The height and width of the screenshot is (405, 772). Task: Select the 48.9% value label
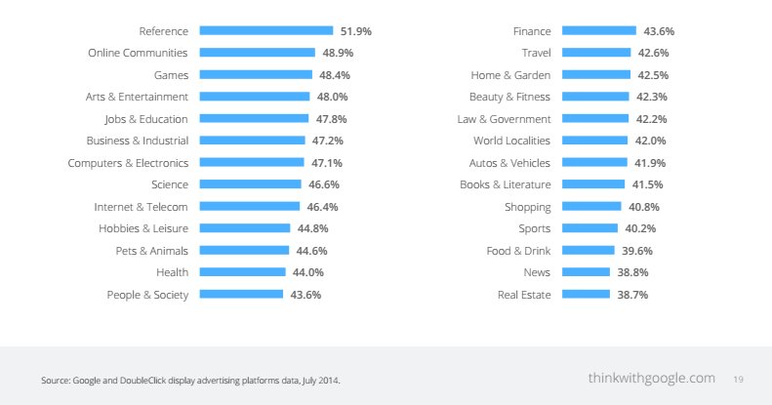click(x=336, y=53)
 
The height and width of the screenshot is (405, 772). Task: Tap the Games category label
click(x=171, y=75)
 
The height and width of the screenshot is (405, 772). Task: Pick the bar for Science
click(x=251, y=184)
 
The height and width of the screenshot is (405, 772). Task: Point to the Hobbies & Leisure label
click(x=143, y=228)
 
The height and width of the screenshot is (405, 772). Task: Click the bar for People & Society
click(x=241, y=294)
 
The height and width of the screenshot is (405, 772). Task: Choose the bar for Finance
click(x=599, y=31)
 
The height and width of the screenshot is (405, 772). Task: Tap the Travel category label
click(x=536, y=53)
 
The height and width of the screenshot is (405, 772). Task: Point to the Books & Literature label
click(x=506, y=184)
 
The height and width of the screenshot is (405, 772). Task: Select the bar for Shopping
click(x=591, y=206)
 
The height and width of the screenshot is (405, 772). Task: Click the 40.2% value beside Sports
click(x=640, y=228)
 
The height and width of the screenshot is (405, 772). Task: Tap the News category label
click(x=537, y=272)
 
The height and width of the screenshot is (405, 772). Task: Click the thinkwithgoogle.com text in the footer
click(x=651, y=378)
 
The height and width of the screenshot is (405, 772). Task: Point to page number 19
click(x=738, y=379)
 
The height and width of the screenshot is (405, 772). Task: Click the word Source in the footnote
click(x=55, y=380)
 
